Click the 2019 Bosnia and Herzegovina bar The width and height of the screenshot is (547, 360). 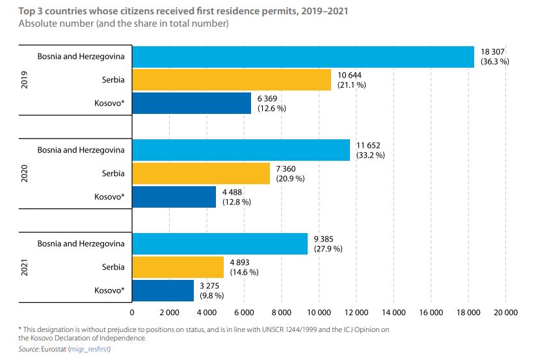tap(303, 57)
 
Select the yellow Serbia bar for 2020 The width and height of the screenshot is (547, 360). tap(200, 173)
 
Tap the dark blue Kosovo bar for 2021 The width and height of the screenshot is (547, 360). tap(163, 290)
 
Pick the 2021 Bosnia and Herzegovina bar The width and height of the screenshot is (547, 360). tap(220, 243)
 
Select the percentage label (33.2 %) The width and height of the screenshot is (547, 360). tap(370, 155)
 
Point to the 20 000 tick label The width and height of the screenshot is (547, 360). tap(505, 312)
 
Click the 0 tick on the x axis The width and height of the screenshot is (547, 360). tap(132, 312)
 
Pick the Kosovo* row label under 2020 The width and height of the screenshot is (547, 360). tap(109, 197)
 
